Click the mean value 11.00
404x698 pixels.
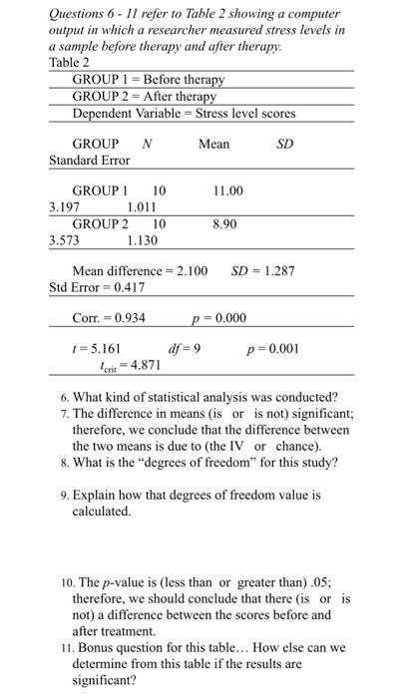coord(227,189)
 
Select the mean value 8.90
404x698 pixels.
coord(224,225)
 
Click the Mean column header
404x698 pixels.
coord(213,145)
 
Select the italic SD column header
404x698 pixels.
coord(284,145)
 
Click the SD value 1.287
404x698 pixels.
coord(276,271)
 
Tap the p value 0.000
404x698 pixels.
coord(228,318)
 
